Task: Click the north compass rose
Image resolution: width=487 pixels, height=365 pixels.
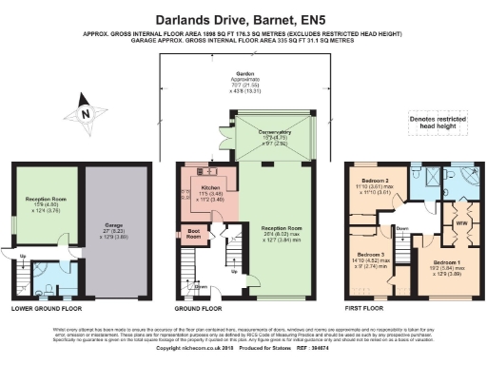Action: click(86, 112)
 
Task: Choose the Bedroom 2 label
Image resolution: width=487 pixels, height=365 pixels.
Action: click(375, 182)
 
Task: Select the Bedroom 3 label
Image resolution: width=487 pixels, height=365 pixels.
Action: click(372, 257)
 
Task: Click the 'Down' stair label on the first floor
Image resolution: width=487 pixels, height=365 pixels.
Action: click(401, 226)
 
